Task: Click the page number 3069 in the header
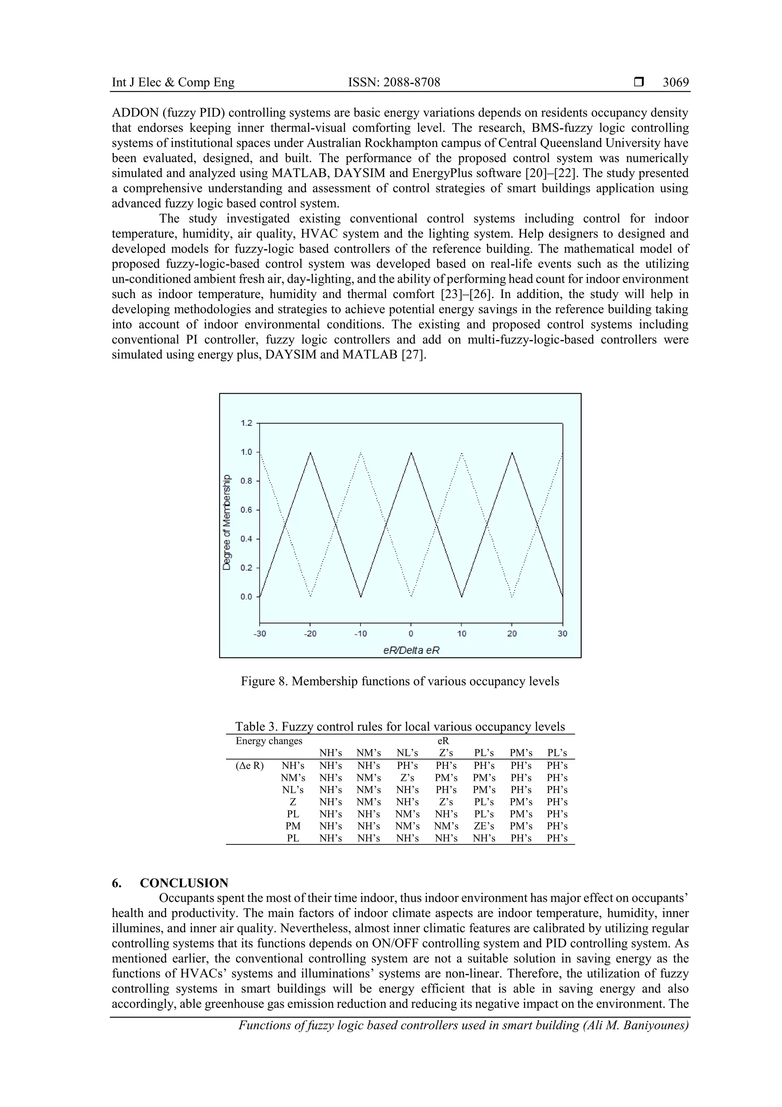click(x=675, y=83)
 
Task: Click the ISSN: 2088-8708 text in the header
click(x=394, y=83)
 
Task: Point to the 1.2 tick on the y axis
click(x=246, y=423)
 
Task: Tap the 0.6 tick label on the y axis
click(x=246, y=510)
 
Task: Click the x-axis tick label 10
click(x=461, y=634)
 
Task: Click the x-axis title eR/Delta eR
click(x=411, y=650)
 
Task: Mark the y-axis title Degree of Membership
click(x=226, y=522)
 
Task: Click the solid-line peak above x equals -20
click(x=310, y=453)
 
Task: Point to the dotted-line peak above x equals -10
click(x=360, y=453)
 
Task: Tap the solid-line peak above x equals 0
click(x=411, y=453)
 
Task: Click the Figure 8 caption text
click(x=399, y=681)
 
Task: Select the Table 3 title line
click(x=399, y=726)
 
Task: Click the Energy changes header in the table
click(x=268, y=741)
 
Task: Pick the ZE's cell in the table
click(x=483, y=826)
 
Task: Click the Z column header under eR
click(x=446, y=753)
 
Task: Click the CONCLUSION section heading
click(x=184, y=883)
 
